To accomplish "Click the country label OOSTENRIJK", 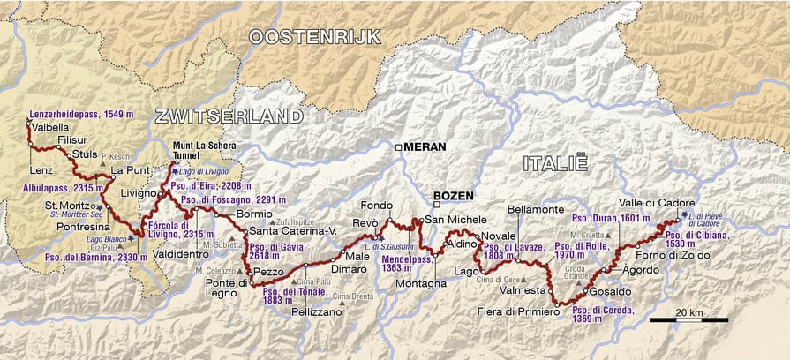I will [314, 36].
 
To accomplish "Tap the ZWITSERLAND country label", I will [229, 116].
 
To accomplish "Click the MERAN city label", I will [424, 147].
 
